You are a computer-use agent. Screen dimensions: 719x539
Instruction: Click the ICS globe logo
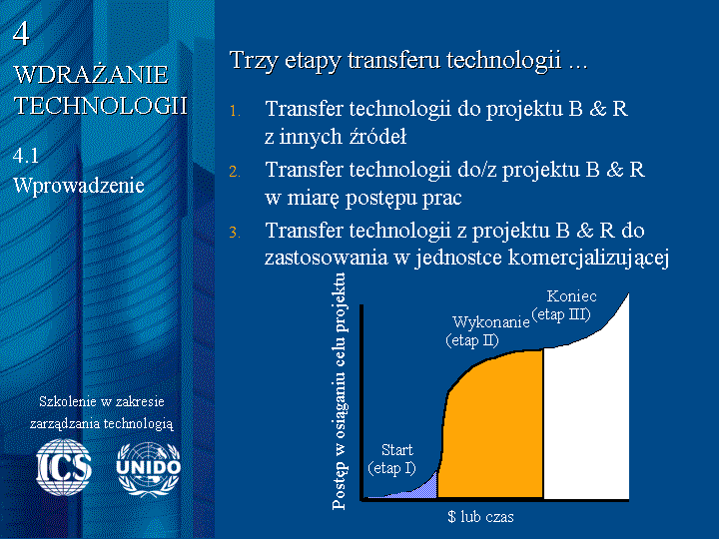[64, 467]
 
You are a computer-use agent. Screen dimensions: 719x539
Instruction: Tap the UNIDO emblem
[149, 469]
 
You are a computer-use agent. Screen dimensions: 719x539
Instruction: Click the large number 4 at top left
[21, 34]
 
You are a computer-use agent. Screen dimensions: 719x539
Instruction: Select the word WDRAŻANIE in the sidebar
[91, 75]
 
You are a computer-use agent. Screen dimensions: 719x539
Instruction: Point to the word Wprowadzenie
[79, 186]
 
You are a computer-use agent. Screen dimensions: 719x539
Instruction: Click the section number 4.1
[26, 156]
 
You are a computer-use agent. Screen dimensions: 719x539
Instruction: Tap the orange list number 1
[235, 111]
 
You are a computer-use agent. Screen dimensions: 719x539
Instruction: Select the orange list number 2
[235, 172]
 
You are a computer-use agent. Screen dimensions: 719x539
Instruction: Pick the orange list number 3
[235, 233]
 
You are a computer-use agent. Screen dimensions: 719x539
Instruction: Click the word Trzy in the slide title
[254, 61]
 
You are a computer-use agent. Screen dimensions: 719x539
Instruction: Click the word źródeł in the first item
[377, 136]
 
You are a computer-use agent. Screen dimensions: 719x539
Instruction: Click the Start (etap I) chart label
[392, 459]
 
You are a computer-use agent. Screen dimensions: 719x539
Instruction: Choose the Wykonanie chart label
[491, 322]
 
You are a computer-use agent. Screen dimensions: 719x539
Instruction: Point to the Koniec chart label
[572, 296]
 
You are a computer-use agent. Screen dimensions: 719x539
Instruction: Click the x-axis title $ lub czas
[480, 517]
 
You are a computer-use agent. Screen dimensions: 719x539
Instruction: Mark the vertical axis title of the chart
[340, 391]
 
